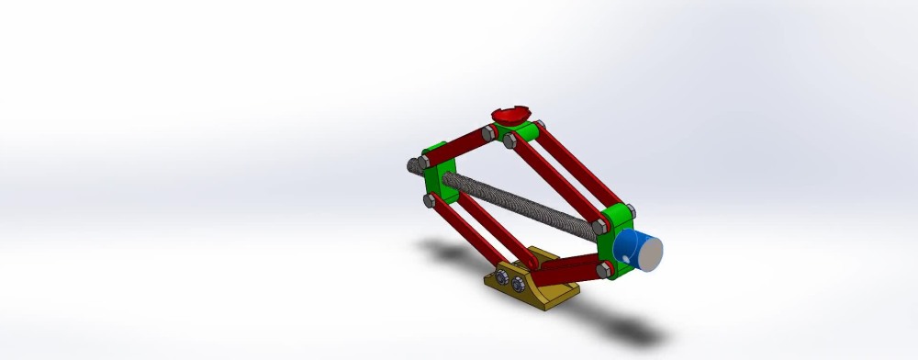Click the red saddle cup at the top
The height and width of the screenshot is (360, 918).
(510, 114)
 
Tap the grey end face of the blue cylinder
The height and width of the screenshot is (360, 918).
(650, 253)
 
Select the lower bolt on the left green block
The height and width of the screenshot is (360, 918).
(429, 199)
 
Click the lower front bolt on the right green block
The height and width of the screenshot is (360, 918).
(603, 269)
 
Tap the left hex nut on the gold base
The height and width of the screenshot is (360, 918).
(503, 276)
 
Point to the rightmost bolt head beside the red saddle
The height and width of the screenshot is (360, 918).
(541, 126)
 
